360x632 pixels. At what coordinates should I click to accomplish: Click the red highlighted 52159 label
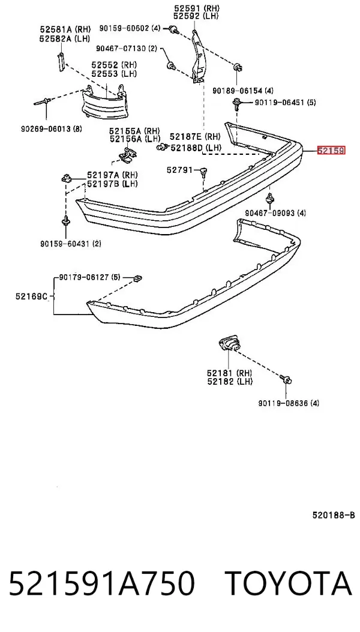(331, 151)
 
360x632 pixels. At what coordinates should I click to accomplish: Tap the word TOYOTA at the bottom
(289, 584)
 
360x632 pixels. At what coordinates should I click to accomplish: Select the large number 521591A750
(101, 584)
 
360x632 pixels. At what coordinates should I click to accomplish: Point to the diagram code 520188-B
(334, 515)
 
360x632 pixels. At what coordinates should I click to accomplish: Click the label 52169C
(32, 296)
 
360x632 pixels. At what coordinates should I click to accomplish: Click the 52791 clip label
(180, 170)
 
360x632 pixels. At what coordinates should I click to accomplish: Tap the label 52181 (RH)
(230, 373)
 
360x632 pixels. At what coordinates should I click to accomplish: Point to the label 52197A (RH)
(112, 175)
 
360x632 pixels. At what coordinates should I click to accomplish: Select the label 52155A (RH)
(134, 131)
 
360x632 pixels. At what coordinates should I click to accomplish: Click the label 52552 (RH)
(113, 65)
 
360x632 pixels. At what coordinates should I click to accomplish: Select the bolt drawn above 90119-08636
(287, 379)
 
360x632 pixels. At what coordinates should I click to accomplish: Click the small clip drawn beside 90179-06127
(138, 277)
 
